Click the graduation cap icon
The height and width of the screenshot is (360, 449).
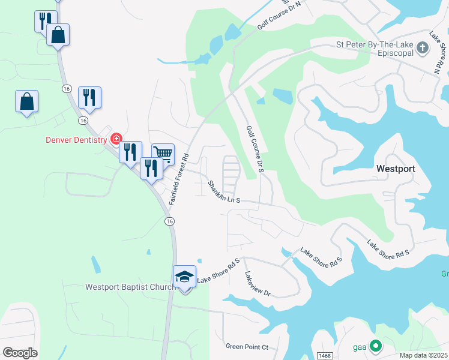click(x=184, y=277)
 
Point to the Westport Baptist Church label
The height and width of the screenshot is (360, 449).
click(x=130, y=287)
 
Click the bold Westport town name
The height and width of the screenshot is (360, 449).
click(x=396, y=169)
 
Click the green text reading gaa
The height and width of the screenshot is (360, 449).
click(x=360, y=347)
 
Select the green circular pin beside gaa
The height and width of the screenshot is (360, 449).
click(x=376, y=346)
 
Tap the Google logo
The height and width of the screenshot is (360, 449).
click(x=20, y=352)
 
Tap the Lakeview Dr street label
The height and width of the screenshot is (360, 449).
click(x=258, y=283)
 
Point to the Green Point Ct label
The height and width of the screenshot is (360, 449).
click(x=247, y=347)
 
